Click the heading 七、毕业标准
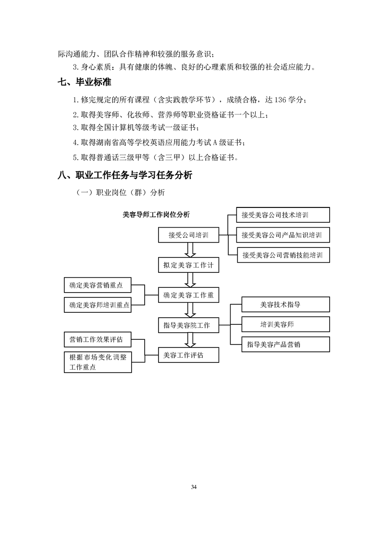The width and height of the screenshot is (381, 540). click(84, 83)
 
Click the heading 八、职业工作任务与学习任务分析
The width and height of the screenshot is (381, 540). click(124, 175)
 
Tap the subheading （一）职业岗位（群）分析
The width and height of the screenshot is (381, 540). click(120, 193)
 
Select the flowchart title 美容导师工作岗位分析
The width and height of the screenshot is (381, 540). click(156, 215)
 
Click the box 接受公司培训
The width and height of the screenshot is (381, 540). click(188, 236)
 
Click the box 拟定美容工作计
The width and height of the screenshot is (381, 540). click(188, 265)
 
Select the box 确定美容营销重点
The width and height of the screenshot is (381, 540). click(98, 285)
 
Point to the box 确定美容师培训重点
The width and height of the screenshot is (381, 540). click(98, 305)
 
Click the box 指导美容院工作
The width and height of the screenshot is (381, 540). click(188, 325)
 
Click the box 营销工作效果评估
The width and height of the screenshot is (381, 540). click(98, 339)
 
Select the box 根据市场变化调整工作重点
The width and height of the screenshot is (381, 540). click(98, 362)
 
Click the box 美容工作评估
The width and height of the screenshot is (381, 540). click(188, 355)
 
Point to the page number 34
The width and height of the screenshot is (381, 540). click(194, 487)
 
